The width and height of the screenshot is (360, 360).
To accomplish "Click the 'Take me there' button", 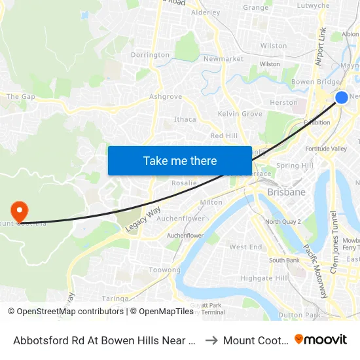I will click(x=180, y=160).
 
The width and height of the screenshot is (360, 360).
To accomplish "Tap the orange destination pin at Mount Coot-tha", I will click(x=20, y=211).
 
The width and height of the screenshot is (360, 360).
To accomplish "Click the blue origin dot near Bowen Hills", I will click(x=342, y=98).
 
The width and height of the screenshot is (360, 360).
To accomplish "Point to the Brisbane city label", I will click(x=286, y=192).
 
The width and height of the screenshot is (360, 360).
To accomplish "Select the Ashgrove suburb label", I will click(x=165, y=96).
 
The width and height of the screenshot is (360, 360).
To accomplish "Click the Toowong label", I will click(x=165, y=270).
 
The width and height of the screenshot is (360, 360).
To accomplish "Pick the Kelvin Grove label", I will click(x=240, y=114).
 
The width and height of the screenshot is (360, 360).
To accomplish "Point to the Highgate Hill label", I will click(x=264, y=278).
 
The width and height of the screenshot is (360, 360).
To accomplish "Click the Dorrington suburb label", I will click(x=150, y=55).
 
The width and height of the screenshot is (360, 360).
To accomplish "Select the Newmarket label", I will click(x=223, y=58).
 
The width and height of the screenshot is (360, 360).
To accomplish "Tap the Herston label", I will click(x=283, y=103).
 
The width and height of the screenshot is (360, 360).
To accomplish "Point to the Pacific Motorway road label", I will click(x=315, y=271).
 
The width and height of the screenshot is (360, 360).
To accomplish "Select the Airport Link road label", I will click(x=321, y=46).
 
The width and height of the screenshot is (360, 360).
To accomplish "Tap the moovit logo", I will click(x=321, y=339).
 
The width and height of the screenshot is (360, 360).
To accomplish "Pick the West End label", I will click(x=245, y=247).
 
